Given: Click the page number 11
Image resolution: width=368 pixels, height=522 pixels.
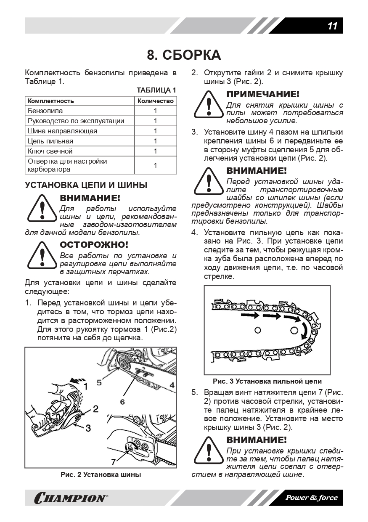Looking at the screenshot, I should click(332, 26).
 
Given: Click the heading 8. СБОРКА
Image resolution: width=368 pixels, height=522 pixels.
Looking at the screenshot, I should click(184, 55).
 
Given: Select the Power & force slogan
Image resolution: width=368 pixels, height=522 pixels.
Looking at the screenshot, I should click(311, 498).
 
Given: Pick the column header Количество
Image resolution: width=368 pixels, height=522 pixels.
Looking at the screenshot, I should click(155, 101).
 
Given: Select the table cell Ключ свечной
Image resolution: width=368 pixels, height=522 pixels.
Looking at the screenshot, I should click(50, 151).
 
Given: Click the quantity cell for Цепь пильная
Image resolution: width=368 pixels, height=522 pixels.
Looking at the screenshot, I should click(155, 141).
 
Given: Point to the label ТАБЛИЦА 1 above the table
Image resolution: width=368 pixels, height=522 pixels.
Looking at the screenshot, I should click(156, 90).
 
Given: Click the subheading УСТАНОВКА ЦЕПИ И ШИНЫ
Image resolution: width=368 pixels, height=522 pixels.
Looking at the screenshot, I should click(86, 185).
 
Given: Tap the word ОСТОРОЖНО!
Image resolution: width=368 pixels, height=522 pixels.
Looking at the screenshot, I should click(94, 245).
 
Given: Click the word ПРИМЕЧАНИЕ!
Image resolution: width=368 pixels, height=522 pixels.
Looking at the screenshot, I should click(263, 94).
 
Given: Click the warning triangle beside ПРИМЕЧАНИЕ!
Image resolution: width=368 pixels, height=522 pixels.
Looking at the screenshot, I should click(209, 106).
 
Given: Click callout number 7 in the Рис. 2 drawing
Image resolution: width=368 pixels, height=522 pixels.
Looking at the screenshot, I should click(113, 461).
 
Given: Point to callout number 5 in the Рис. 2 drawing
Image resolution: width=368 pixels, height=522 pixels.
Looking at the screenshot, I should click(99, 382).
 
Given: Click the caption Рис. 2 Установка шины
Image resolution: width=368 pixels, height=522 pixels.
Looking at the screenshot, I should click(101, 475).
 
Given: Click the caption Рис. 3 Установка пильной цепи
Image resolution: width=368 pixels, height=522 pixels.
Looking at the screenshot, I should click(267, 382).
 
